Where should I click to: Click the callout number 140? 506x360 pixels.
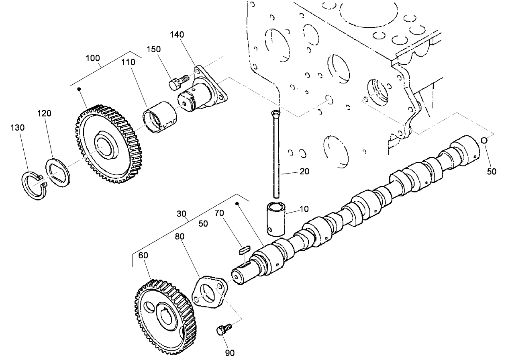tap(177, 35)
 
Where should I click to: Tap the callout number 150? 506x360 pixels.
tap(153, 49)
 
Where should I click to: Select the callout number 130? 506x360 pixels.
tap(18, 128)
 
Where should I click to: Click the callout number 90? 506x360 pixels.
tap(230, 352)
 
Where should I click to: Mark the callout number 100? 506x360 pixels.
tap(93, 58)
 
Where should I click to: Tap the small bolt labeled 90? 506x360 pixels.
tap(222, 329)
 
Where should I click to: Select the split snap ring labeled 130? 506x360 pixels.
tap(34, 185)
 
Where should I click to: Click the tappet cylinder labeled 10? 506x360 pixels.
tap(275, 219)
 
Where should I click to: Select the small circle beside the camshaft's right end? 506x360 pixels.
tap(484, 140)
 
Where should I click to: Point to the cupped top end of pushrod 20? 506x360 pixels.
tap(275, 113)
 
